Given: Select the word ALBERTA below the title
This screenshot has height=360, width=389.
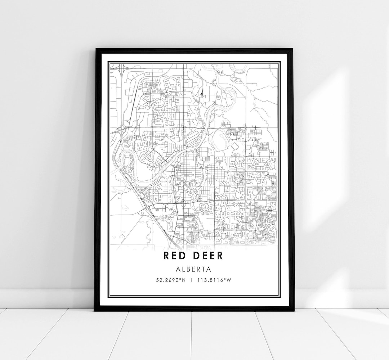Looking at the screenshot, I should coord(193,269).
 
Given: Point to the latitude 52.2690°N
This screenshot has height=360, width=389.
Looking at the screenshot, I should coord(171,279).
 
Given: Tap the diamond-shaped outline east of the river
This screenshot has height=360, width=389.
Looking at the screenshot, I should coord(234,145).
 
